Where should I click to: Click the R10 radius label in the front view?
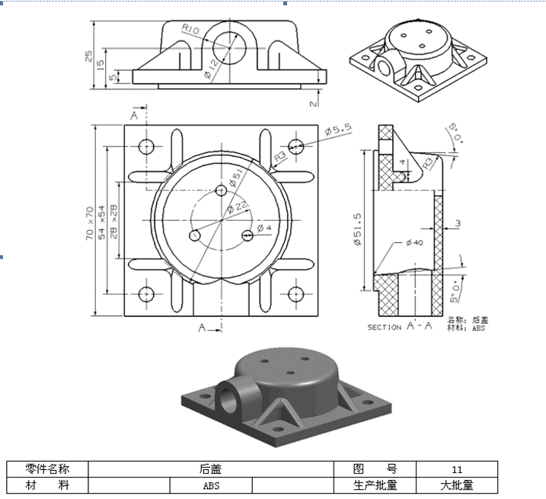pyautogui.click(x=190, y=30)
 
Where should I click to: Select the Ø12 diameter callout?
pyautogui.click(x=211, y=68)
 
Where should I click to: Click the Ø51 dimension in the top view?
pyautogui.click(x=238, y=177)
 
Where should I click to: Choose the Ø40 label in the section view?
pyautogui.click(x=414, y=242)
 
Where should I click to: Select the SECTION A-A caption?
pyautogui.click(x=400, y=327)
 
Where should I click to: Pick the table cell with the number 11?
pyautogui.click(x=457, y=469)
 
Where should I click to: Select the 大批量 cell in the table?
pyautogui.click(x=457, y=485)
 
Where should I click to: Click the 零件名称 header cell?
pyautogui.click(x=48, y=469)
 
